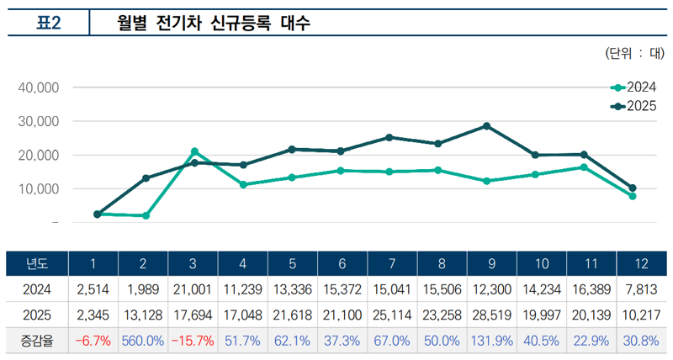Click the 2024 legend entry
(x=633, y=87)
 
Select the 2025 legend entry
(x=633, y=106)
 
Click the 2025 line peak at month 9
(x=486, y=126)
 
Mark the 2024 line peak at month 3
(x=194, y=151)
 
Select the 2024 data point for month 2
(x=146, y=215)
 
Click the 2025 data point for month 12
(x=632, y=188)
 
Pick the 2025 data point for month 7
(x=389, y=137)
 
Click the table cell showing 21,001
(x=193, y=289)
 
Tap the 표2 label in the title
(x=48, y=24)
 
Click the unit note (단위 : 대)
(x=634, y=55)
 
